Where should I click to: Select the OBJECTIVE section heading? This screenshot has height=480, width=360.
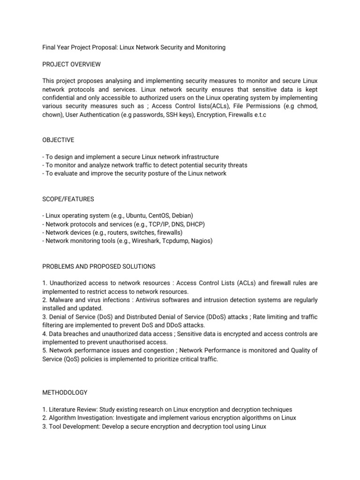pyautogui.click(x=58, y=140)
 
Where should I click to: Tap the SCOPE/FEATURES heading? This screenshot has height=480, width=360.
pyautogui.click(x=68, y=199)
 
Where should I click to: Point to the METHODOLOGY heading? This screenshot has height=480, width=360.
pyautogui.click(x=65, y=392)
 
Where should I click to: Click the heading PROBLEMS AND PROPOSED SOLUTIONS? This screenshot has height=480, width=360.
pyautogui.click(x=98, y=267)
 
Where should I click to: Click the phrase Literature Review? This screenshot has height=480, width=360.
pyautogui.click(x=71, y=409)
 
